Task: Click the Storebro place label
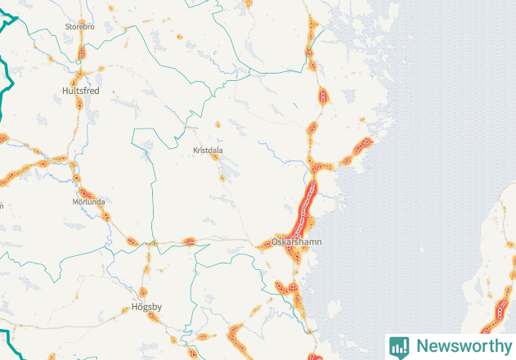(x=80, y=27)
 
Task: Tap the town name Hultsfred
(x=80, y=91)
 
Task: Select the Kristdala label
(x=208, y=151)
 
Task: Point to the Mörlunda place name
(x=88, y=201)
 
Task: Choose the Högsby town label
(x=147, y=308)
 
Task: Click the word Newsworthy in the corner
(x=463, y=346)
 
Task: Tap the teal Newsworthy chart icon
(x=399, y=346)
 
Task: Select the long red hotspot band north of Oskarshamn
(x=307, y=205)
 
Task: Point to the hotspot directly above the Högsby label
(x=143, y=292)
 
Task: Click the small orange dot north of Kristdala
(x=218, y=124)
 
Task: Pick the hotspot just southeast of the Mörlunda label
(x=105, y=216)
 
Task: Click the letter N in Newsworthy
(x=420, y=346)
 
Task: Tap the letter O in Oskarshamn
(x=275, y=243)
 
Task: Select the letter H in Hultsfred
(x=65, y=91)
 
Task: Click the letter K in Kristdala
(x=195, y=151)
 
